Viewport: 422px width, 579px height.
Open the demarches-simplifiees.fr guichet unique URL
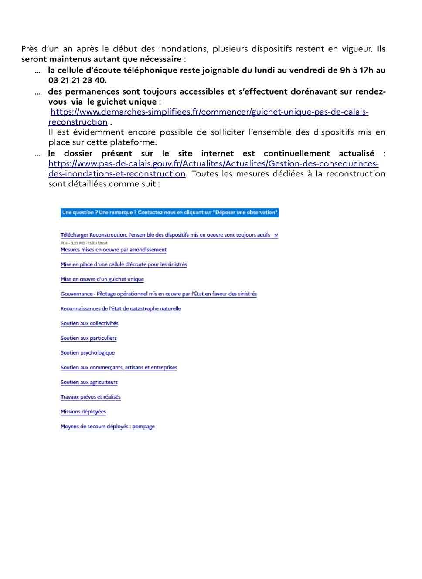click(209, 112)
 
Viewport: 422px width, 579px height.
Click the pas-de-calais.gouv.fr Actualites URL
click(213, 164)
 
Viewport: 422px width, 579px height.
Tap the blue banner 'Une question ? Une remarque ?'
click(169, 213)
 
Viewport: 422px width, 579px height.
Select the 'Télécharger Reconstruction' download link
click(165, 235)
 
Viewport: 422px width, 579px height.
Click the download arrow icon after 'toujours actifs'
click(276, 235)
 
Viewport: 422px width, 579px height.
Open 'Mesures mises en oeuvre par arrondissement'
click(113, 250)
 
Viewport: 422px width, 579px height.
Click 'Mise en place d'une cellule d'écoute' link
click(123, 264)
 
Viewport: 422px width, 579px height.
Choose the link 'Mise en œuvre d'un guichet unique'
click(102, 279)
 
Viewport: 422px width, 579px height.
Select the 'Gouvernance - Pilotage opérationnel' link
click(159, 294)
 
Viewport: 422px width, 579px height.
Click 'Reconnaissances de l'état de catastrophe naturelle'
click(121, 308)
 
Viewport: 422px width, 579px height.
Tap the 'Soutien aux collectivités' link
click(89, 323)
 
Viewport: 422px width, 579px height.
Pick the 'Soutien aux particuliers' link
click(88, 338)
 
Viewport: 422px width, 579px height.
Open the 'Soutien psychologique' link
click(88, 353)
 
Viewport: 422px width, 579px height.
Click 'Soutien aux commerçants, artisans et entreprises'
click(119, 368)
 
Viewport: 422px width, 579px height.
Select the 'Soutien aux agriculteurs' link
click(89, 382)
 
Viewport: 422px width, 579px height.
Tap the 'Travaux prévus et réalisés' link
click(90, 397)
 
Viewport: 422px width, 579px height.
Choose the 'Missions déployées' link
click(83, 412)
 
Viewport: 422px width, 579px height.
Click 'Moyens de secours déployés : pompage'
click(108, 427)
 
